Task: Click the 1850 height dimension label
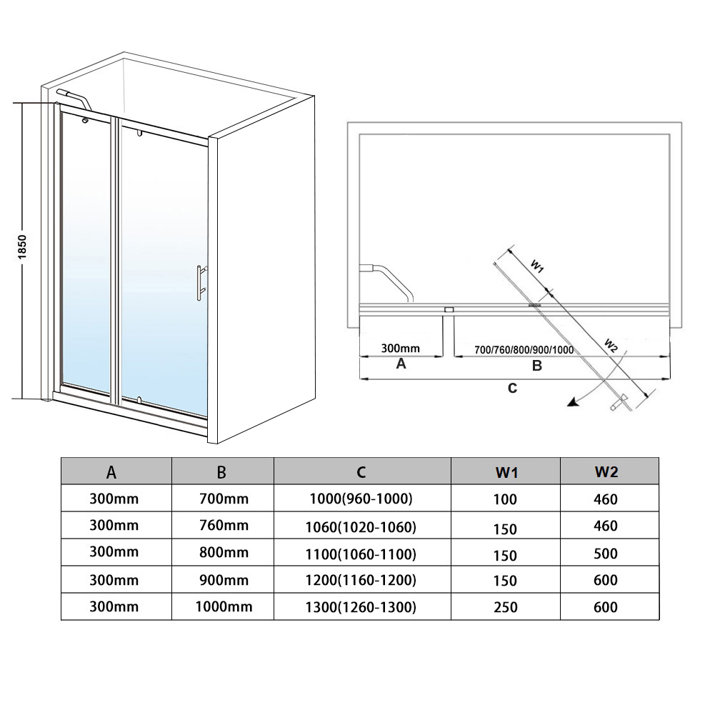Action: (x=22, y=247)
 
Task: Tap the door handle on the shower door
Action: (x=201, y=283)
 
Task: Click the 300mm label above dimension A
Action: (x=401, y=349)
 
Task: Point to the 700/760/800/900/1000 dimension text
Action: (x=524, y=350)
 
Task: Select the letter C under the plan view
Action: (x=513, y=388)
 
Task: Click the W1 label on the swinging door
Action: (x=537, y=266)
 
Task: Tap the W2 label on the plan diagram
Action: (x=611, y=346)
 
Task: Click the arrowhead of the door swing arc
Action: (x=573, y=401)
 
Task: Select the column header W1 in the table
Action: (x=506, y=473)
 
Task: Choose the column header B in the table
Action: (x=221, y=472)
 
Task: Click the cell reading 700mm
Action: (x=224, y=499)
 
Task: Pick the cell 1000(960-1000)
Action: (x=361, y=499)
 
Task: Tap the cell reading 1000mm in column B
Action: (x=224, y=606)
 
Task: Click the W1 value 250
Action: (x=506, y=607)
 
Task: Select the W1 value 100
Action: (x=505, y=499)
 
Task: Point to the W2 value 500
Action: (x=606, y=554)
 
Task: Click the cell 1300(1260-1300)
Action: (x=361, y=607)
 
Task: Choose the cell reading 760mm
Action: (x=224, y=525)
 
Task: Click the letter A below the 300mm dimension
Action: (x=401, y=364)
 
